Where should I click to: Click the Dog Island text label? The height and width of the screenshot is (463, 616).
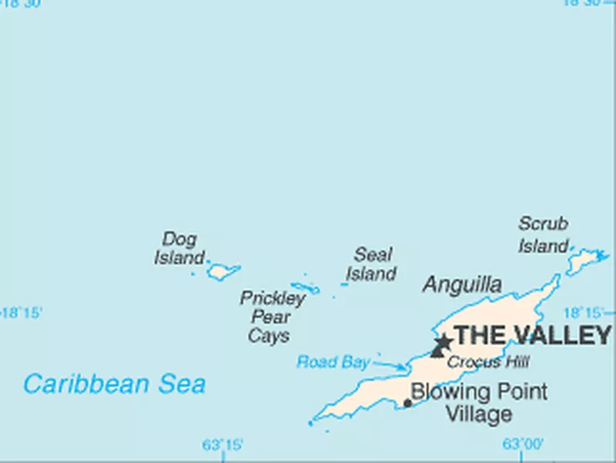(179, 248)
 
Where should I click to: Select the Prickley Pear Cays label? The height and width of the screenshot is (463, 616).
(271, 317)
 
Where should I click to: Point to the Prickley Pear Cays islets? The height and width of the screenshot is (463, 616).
(306, 287)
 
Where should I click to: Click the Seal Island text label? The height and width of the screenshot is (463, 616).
(371, 263)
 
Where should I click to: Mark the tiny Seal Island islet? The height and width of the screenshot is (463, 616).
(344, 284)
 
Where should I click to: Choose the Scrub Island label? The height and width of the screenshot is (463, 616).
(543, 235)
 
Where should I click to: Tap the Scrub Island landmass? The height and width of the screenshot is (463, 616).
(585, 260)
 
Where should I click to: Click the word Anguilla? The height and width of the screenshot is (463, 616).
(462, 285)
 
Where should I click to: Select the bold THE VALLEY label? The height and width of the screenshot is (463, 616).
(532, 336)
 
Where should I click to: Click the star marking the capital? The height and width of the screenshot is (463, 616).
(443, 341)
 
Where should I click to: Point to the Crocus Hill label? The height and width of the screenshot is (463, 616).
(488, 361)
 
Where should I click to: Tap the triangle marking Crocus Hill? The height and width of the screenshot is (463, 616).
(437, 352)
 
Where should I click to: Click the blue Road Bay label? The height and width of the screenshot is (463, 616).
(333, 361)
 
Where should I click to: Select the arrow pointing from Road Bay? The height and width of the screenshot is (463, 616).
(390, 365)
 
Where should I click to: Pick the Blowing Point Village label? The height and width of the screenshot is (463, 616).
(479, 402)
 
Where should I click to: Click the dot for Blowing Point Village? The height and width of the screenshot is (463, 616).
(407, 402)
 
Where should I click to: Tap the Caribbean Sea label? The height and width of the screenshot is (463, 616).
(114, 383)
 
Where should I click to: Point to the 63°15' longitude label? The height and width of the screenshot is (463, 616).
(223, 445)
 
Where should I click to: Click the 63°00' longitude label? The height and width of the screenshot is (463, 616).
(523, 444)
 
